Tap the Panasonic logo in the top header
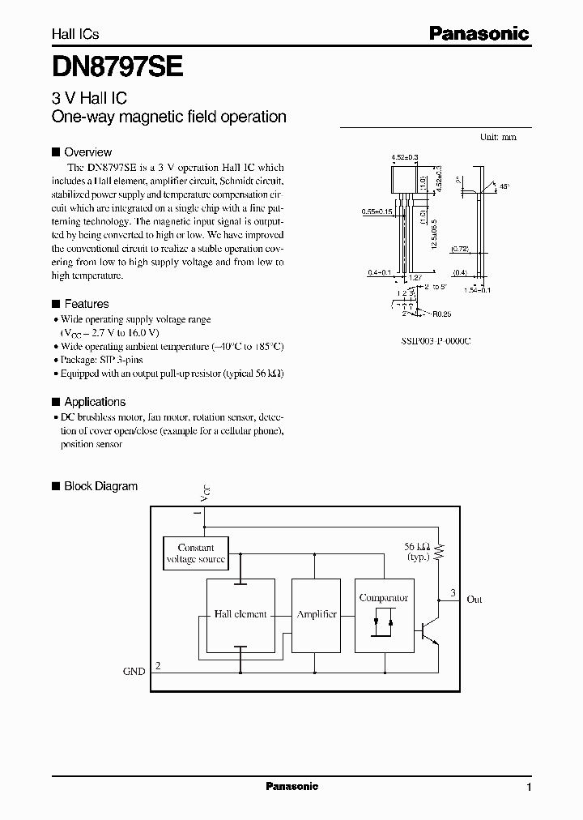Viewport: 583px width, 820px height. [x=479, y=33]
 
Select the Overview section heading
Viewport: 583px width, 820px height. [x=87, y=152]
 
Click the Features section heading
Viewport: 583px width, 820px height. [x=86, y=304]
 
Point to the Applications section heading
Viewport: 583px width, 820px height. [x=95, y=402]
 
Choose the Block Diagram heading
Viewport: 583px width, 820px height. [x=100, y=486]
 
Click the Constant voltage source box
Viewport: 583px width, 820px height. [x=195, y=554]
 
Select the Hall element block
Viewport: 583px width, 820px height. [x=240, y=615]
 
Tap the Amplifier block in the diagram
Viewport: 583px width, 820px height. [x=317, y=615]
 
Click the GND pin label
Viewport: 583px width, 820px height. [x=134, y=671]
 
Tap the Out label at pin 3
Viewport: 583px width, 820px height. [x=474, y=600]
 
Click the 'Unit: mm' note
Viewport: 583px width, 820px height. [x=498, y=138]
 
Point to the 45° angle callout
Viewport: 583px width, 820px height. [x=505, y=186]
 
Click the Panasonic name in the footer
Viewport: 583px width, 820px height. [x=292, y=787]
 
